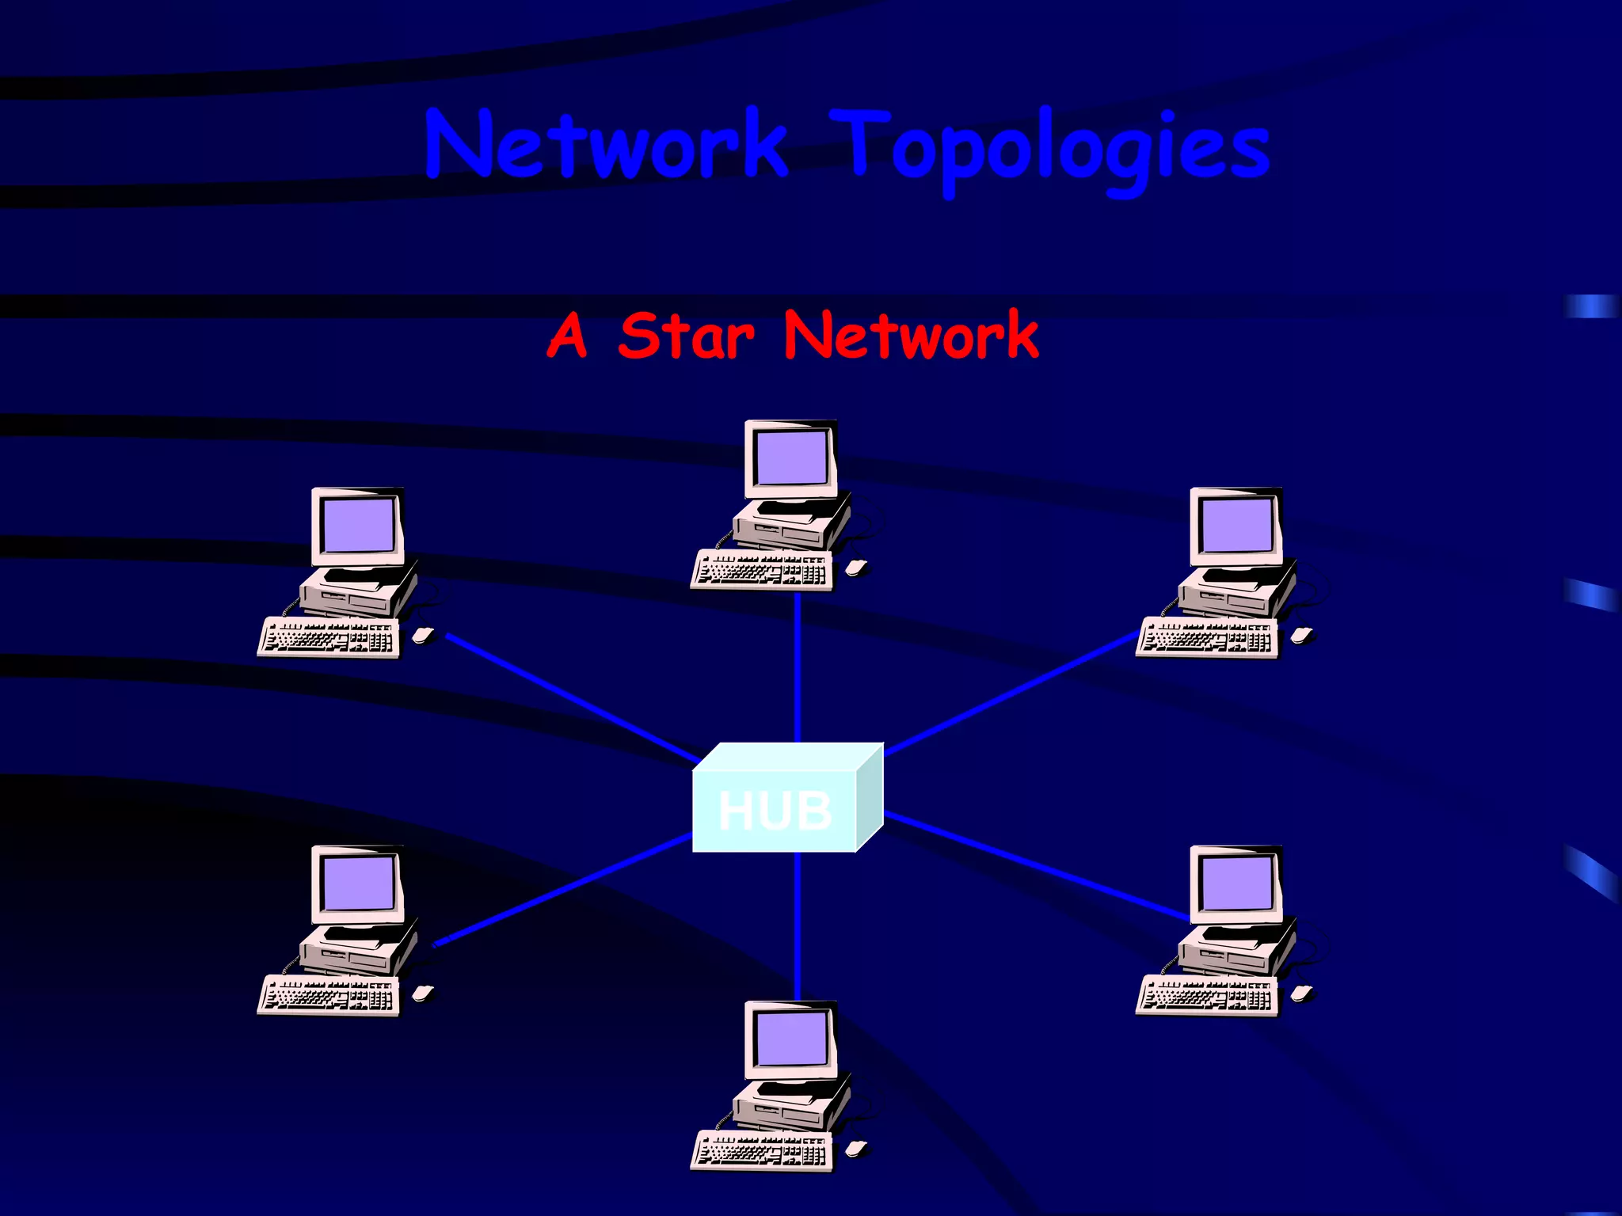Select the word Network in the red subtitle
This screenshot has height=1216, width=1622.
911,336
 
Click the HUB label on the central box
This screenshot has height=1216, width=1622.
775,811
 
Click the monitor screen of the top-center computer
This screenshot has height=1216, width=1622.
791,458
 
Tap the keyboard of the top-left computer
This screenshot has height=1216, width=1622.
329,637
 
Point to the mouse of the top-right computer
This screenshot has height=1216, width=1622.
1301,635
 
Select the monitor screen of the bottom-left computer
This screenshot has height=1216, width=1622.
359,883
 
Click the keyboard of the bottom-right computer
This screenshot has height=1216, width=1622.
1206,995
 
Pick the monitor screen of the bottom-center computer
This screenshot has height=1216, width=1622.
791,1039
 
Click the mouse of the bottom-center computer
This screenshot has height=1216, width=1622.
855,1148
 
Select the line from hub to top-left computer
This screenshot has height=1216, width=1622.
570,697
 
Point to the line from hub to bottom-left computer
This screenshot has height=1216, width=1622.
562,888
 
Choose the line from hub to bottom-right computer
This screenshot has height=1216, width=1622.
1038,867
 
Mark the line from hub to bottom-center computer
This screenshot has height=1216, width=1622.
798,926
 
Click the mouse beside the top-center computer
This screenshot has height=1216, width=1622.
855,567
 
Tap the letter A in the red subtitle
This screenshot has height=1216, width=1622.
568,336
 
